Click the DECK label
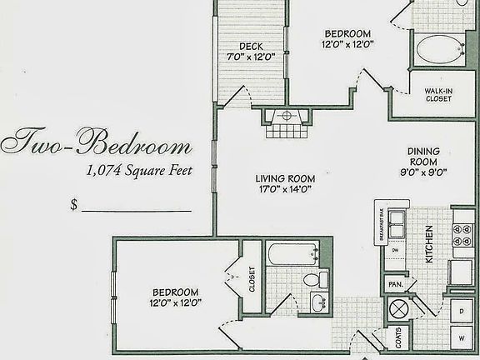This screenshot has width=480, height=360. pos(251,46)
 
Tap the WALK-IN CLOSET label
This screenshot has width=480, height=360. pos(437,93)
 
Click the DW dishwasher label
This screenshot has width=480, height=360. pos(395,248)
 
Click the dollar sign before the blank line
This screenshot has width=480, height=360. pos(74,205)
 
